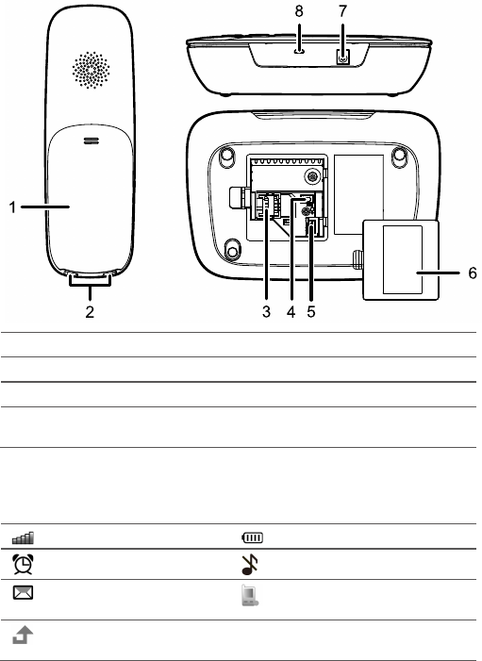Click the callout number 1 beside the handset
[x=12, y=207]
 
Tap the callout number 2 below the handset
[x=90, y=312]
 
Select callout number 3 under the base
[x=266, y=312]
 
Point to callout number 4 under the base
[x=291, y=312]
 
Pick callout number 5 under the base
[x=311, y=312]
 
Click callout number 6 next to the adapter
[x=473, y=273]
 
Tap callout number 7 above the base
[x=342, y=11]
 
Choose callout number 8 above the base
[x=299, y=11]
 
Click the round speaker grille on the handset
[x=91, y=71]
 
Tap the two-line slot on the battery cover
[x=91, y=140]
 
